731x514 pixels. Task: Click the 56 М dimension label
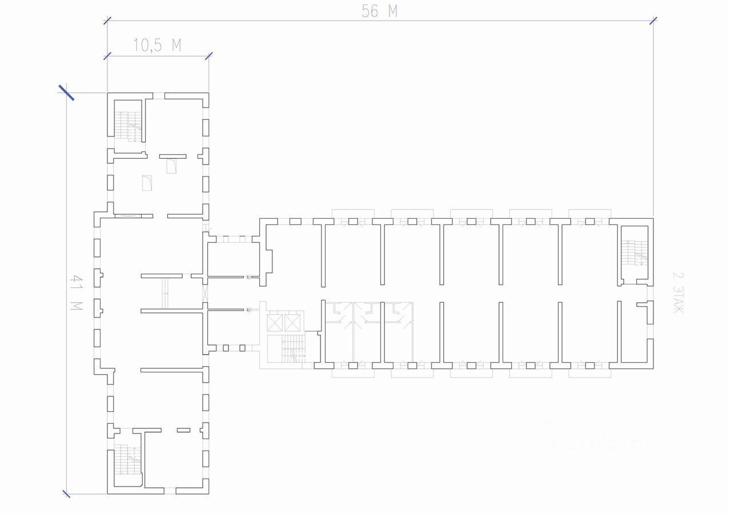pyautogui.click(x=379, y=11)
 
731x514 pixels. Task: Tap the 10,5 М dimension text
pyautogui.click(x=157, y=46)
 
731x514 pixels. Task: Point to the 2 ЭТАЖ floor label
pyautogui.click(x=678, y=292)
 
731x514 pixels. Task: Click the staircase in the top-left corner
pyautogui.click(x=127, y=121)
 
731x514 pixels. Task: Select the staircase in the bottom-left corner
pyautogui.click(x=127, y=459)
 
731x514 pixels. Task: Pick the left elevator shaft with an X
pyautogui.click(x=275, y=323)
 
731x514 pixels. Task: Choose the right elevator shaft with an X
pyautogui.click(x=292, y=323)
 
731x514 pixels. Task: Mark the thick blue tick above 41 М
pyautogui.click(x=67, y=92)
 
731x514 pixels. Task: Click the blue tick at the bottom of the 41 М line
pyautogui.click(x=66, y=493)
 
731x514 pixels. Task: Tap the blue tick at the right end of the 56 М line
pyautogui.click(x=654, y=21)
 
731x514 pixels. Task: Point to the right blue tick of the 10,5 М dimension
pyautogui.click(x=208, y=55)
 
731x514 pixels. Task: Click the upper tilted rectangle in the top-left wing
pyautogui.click(x=171, y=166)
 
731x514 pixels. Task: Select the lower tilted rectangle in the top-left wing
pyautogui.click(x=147, y=183)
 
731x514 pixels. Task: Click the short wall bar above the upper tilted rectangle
pyautogui.click(x=172, y=155)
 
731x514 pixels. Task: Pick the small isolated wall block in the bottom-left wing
pyautogui.click(x=183, y=430)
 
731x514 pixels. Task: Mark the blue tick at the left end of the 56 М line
pyautogui.click(x=107, y=21)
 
